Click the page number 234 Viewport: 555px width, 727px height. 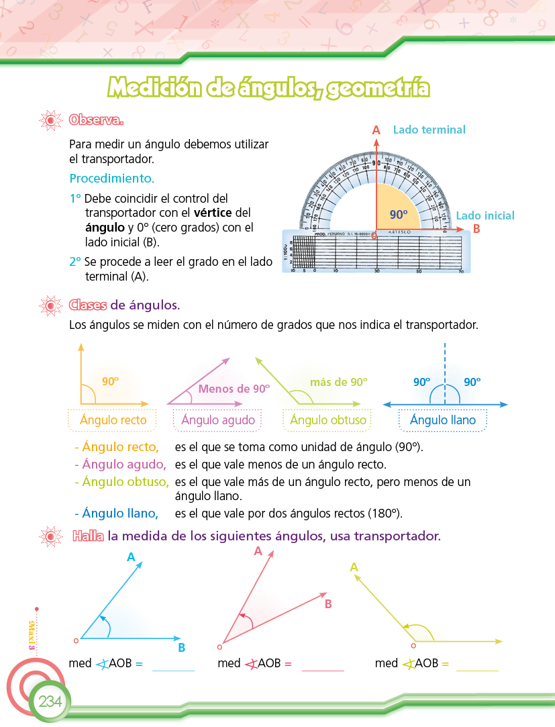(x=50, y=702)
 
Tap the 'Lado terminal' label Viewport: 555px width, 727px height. (x=429, y=130)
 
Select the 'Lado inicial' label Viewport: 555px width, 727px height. (x=485, y=215)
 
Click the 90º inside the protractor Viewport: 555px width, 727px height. (x=399, y=215)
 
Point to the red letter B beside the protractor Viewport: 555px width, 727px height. (x=476, y=228)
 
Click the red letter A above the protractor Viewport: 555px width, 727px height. (x=376, y=130)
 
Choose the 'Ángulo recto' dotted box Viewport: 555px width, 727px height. (x=113, y=420)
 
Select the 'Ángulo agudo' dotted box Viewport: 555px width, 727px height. (x=218, y=420)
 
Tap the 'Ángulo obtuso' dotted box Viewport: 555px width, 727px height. (x=328, y=420)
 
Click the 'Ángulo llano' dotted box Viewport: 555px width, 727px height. (x=443, y=420)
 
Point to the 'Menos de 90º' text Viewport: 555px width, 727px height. (x=234, y=389)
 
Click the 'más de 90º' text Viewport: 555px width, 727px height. (x=338, y=382)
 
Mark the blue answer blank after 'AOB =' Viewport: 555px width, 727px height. (x=173, y=665)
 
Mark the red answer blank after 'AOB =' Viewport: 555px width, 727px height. (x=323, y=665)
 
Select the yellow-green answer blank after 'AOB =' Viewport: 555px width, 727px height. (x=477, y=665)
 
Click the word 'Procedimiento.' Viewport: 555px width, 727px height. (x=111, y=179)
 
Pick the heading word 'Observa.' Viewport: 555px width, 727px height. (x=96, y=120)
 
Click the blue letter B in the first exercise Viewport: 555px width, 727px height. (x=182, y=648)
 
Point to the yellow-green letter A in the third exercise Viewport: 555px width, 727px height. (x=354, y=567)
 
